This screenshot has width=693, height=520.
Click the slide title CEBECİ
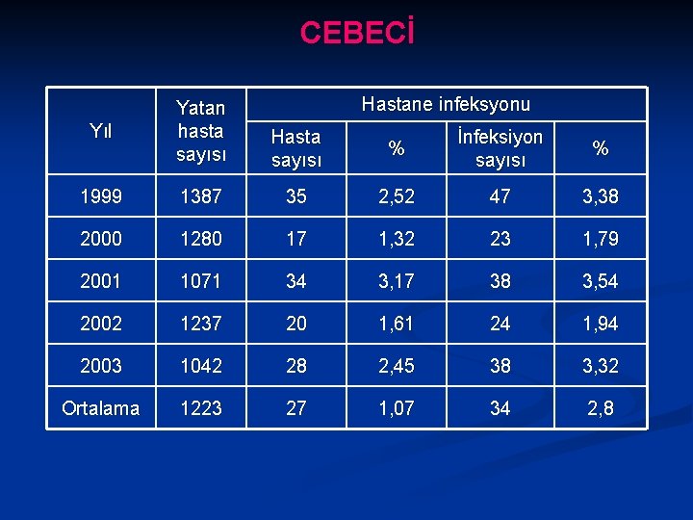(x=357, y=33)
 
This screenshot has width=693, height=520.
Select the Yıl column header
(x=100, y=131)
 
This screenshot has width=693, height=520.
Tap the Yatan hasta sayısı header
(x=200, y=131)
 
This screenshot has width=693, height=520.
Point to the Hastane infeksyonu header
(x=446, y=104)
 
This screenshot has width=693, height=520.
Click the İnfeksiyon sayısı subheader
(x=500, y=148)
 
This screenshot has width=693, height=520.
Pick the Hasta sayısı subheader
(x=295, y=148)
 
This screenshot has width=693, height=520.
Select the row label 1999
(x=100, y=197)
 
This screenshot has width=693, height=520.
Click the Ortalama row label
(x=100, y=408)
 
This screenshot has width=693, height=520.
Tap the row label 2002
(x=100, y=324)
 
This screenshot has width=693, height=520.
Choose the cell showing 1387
(x=200, y=197)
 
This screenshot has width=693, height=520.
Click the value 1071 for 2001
(x=200, y=281)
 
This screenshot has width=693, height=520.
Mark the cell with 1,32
(x=396, y=239)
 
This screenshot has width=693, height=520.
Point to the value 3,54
(x=601, y=281)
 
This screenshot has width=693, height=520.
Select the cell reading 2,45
(x=396, y=366)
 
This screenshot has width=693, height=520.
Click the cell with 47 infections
(x=500, y=197)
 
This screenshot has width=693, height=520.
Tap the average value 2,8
(x=601, y=408)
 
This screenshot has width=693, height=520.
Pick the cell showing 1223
(x=200, y=408)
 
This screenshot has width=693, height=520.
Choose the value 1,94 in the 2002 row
(x=601, y=324)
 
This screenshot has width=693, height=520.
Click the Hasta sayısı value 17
(x=295, y=239)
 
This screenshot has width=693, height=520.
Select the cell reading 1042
(x=200, y=366)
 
